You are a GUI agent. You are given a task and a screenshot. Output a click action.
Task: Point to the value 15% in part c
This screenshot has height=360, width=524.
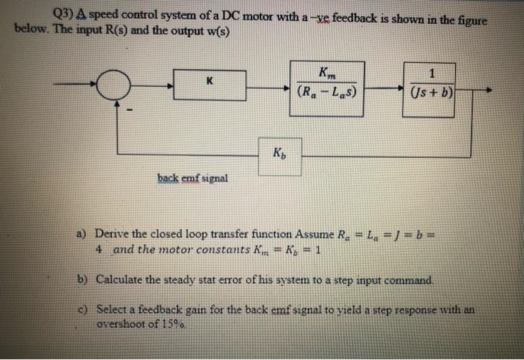172,325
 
